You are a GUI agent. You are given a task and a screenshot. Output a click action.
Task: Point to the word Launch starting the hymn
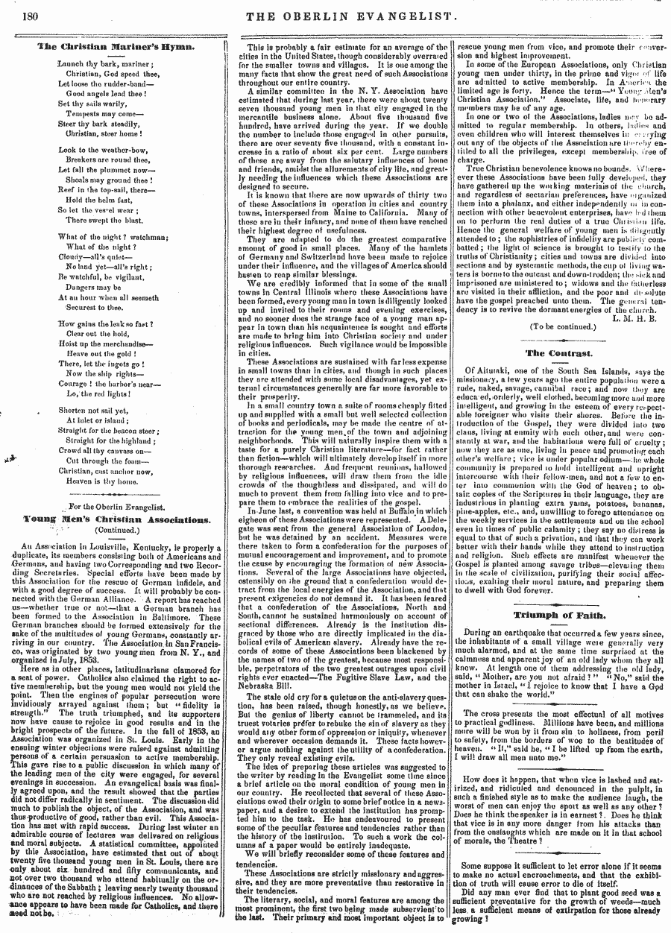pos(72,63)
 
